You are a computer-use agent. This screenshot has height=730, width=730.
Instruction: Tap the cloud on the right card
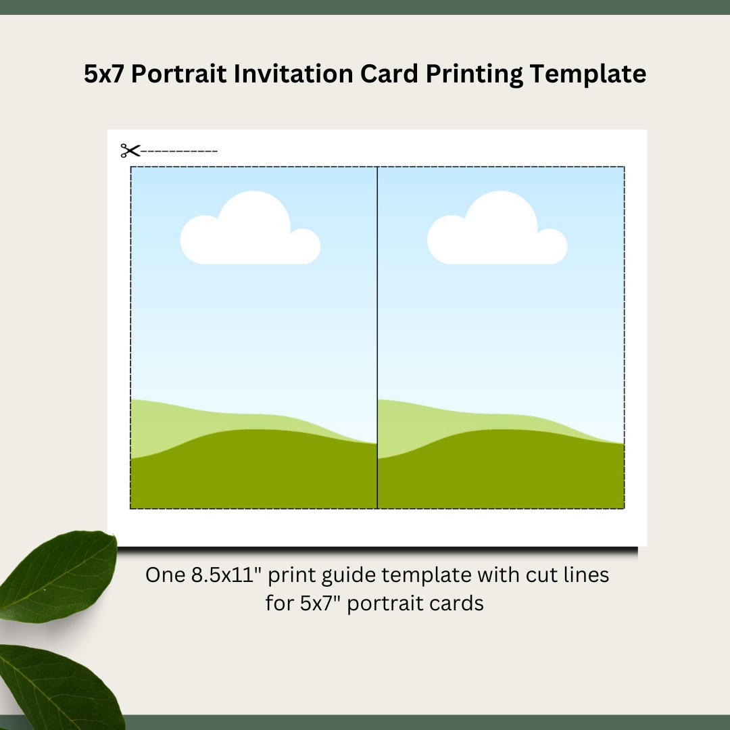point(496,233)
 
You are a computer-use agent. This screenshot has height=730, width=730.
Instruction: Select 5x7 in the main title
point(104,74)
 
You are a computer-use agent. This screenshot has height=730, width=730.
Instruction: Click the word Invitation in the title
point(293,74)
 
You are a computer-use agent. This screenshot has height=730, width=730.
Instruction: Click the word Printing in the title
point(474,74)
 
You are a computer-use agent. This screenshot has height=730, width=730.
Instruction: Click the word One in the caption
point(165,575)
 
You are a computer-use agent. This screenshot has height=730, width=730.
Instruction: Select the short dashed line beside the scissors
point(180,151)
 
